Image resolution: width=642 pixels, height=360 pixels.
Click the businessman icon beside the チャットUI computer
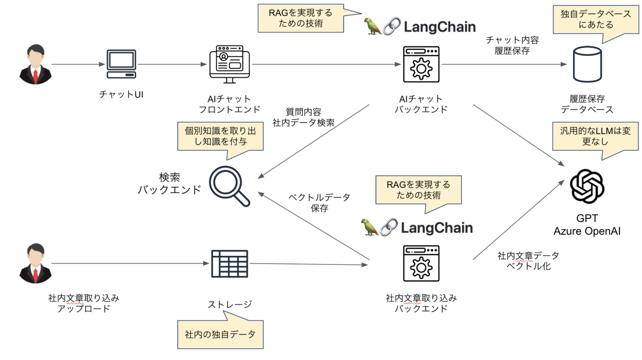36,64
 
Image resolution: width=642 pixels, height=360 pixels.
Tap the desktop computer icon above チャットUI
121,64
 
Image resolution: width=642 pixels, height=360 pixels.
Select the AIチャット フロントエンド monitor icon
229,64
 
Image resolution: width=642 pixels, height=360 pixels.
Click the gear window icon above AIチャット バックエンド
421,64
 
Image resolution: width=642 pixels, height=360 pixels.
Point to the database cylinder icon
587,64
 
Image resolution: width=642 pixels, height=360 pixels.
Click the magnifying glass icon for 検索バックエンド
229,186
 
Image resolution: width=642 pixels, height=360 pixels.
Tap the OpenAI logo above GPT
587,186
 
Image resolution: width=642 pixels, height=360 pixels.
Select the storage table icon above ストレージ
229,264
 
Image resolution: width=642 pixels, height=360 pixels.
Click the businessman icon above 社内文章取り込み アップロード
36,264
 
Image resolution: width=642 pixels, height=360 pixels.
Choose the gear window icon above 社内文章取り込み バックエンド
421,264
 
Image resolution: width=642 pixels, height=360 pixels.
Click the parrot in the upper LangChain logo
372,26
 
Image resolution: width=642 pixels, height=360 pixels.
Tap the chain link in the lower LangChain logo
389,227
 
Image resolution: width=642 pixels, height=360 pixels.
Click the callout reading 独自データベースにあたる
595,20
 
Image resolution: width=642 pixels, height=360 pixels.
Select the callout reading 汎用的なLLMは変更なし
595,136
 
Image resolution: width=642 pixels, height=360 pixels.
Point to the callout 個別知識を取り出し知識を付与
220,136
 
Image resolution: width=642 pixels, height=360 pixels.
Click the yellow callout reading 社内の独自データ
220,334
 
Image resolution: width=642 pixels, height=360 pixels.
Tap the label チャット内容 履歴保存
512,45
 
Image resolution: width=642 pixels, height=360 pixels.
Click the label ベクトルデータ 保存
319,202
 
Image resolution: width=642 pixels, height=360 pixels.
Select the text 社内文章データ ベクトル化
528,260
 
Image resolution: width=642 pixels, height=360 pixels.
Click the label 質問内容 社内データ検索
303,117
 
